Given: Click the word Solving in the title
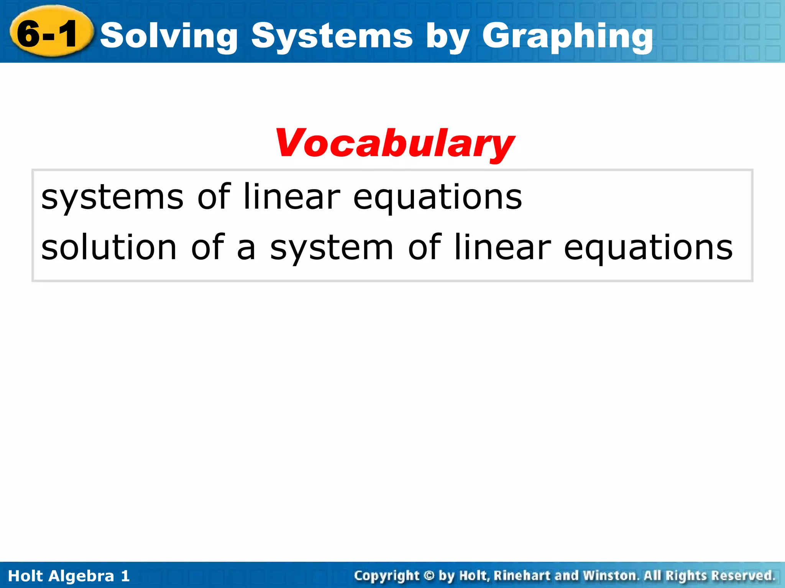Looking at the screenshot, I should (x=169, y=36).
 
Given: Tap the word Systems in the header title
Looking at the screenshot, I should (x=332, y=36).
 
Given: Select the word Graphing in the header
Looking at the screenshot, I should (x=567, y=36).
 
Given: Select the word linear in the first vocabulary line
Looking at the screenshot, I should (x=292, y=197).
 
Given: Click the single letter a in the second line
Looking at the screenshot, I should (x=246, y=248).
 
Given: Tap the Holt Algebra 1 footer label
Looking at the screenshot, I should (x=69, y=576).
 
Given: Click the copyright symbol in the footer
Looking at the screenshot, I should (x=429, y=576).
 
